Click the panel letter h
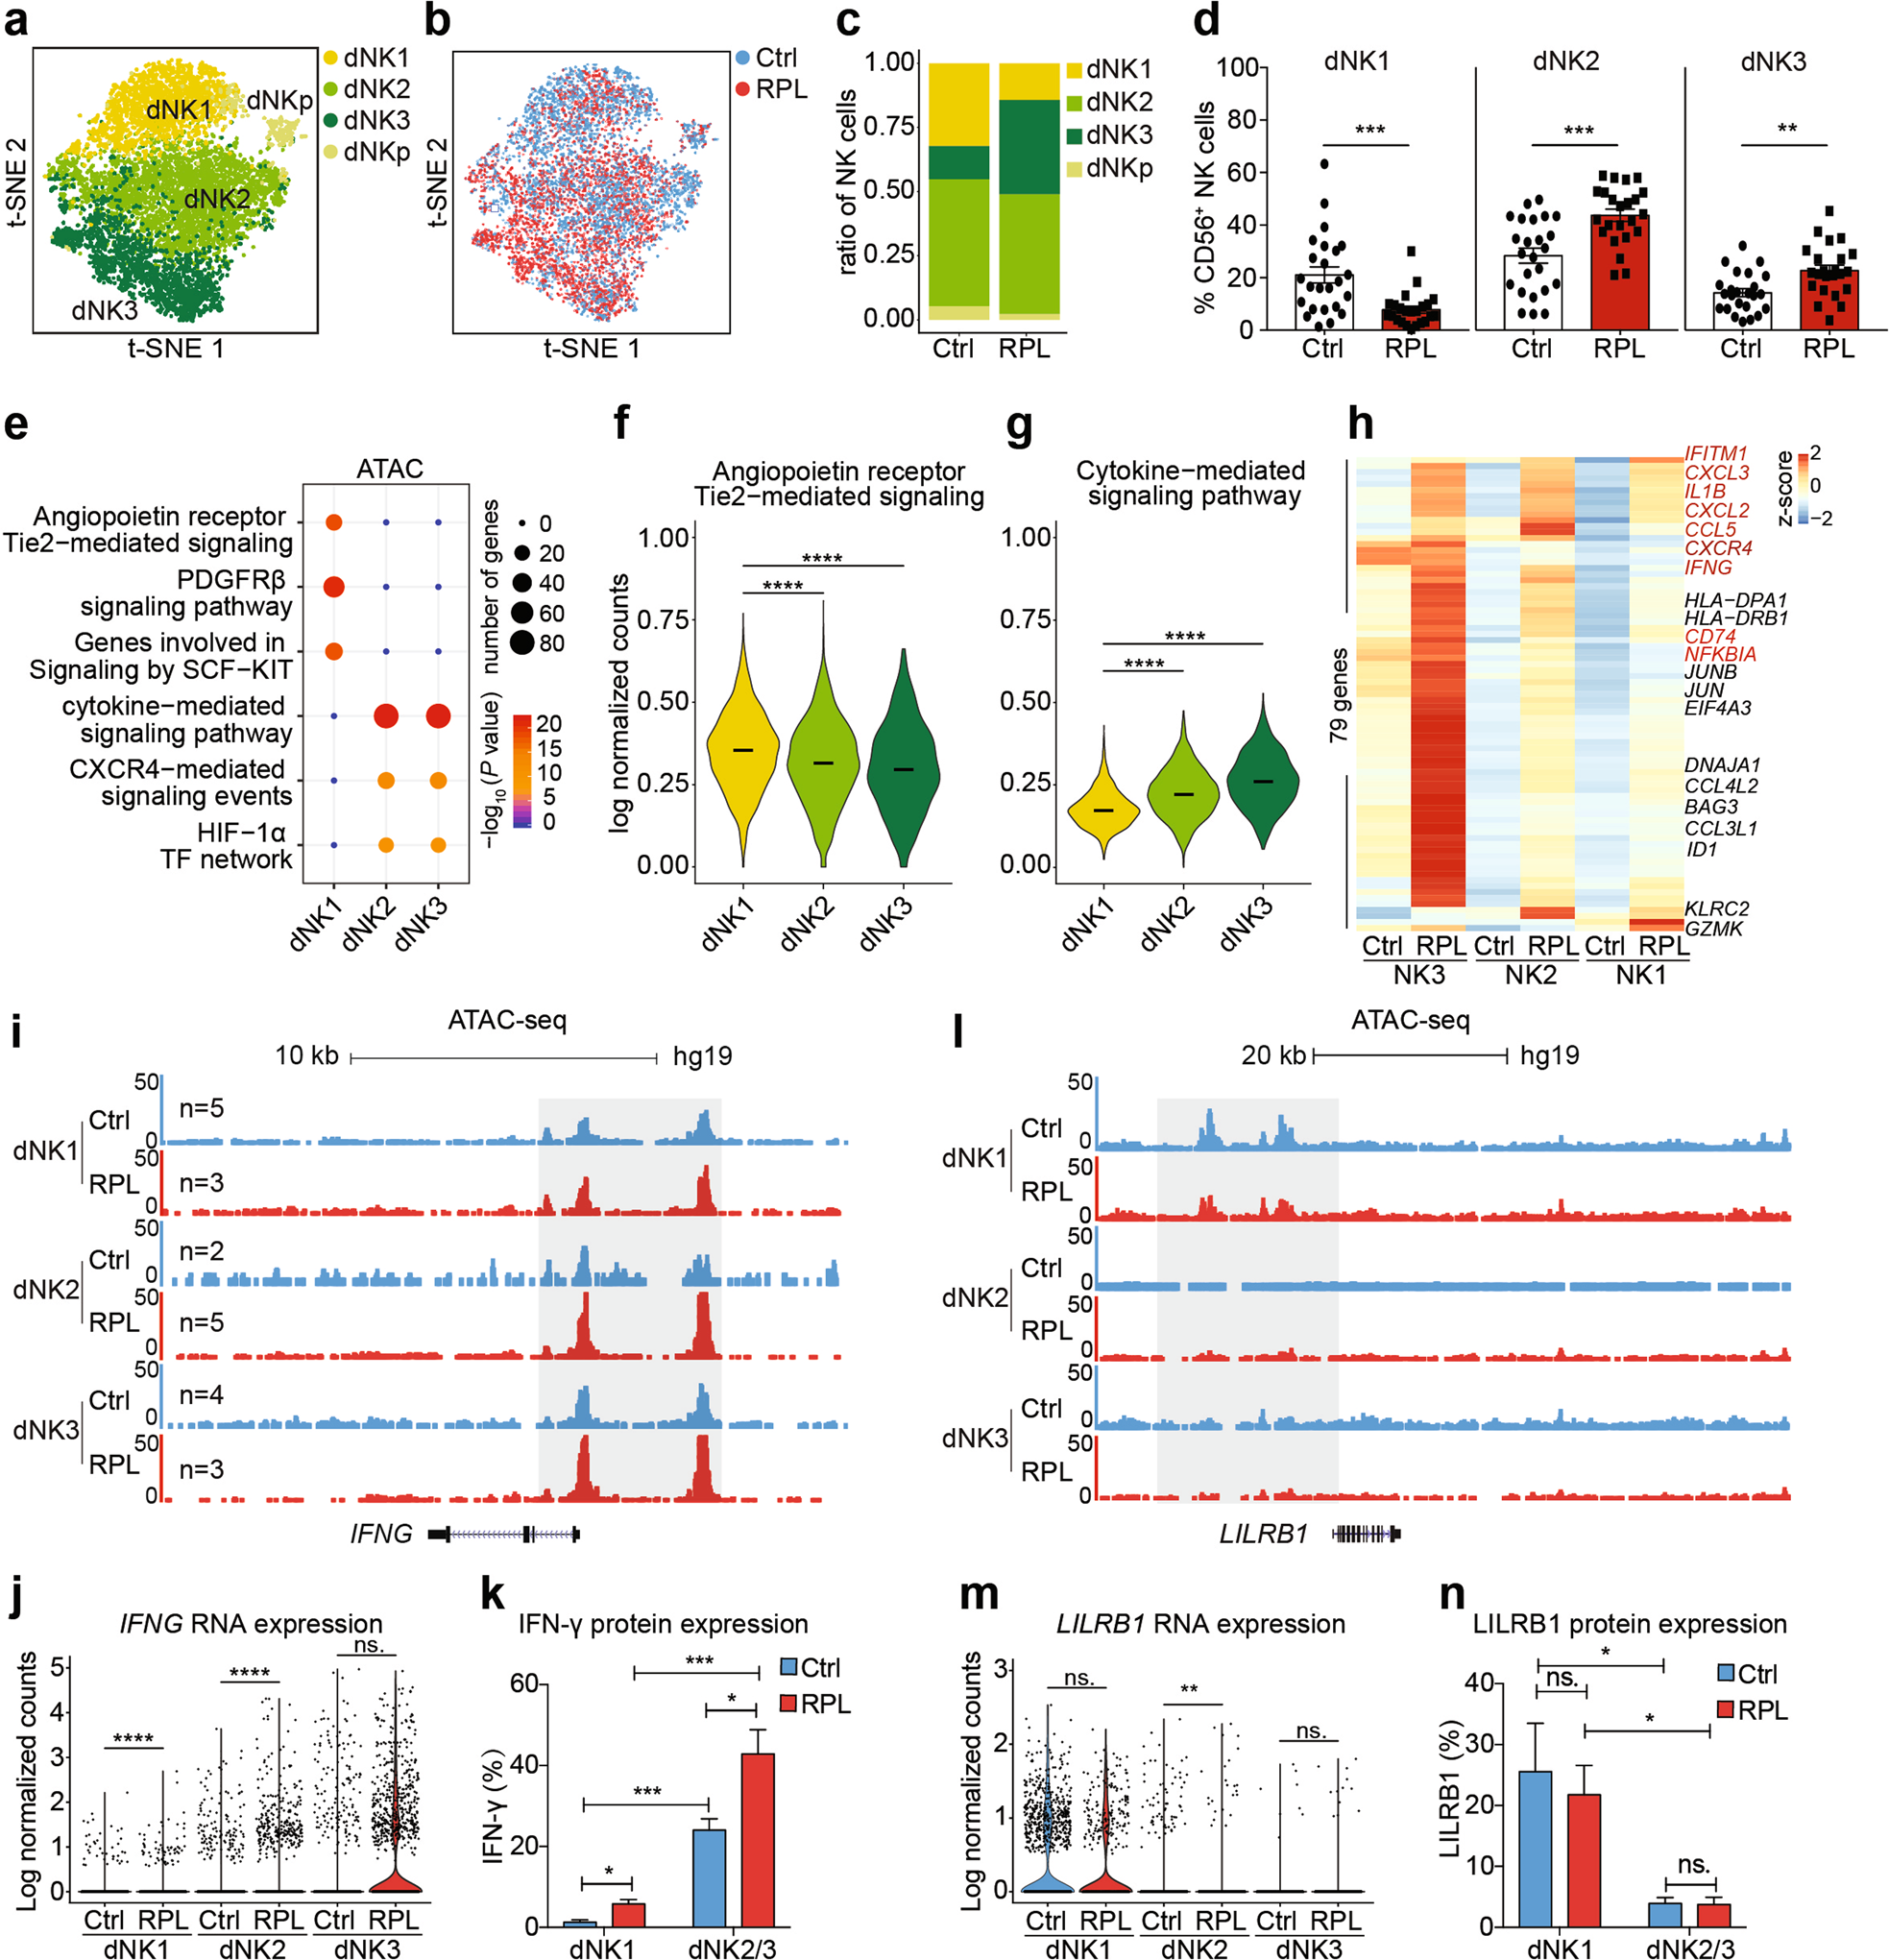(1360, 424)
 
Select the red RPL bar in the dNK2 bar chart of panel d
(1619, 270)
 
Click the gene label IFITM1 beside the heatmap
(1715, 453)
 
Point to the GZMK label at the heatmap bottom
(1713, 928)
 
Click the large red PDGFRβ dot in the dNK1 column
(334, 587)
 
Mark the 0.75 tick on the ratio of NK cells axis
(889, 126)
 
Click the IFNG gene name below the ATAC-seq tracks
(381, 1533)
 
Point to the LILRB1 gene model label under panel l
(1263, 1533)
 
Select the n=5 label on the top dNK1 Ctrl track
(201, 1108)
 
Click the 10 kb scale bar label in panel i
(306, 1056)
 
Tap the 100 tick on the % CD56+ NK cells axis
(1236, 68)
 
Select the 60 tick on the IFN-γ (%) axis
(524, 1683)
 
